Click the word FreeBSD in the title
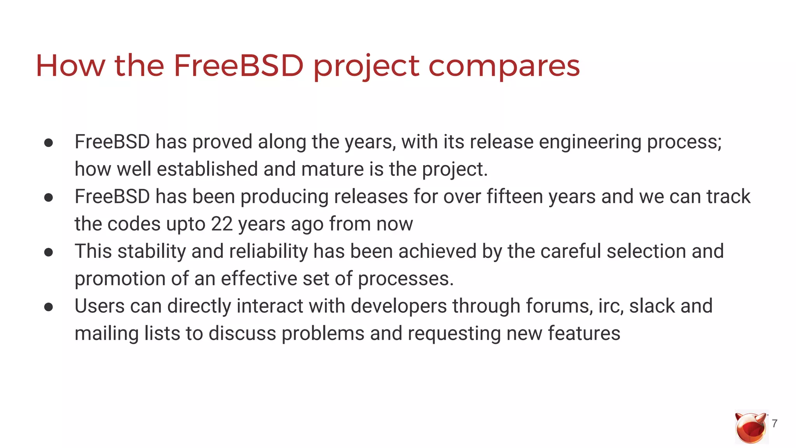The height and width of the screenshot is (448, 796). (x=238, y=65)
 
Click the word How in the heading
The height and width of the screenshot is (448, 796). (x=70, y=65)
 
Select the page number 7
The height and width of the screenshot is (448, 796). (x=775, y=423)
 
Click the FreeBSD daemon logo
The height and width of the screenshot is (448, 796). (x=751, y=427)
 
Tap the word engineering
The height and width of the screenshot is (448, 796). (x=590, y=142)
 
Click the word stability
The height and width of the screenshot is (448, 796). (x=152, y=251)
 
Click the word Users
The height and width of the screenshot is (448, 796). (x=99, y=306)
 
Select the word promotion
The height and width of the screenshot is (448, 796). (x=120, y=279)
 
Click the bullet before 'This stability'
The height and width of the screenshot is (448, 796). (x=49, y=252)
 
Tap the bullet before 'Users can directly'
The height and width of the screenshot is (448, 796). (x=49, y=307)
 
